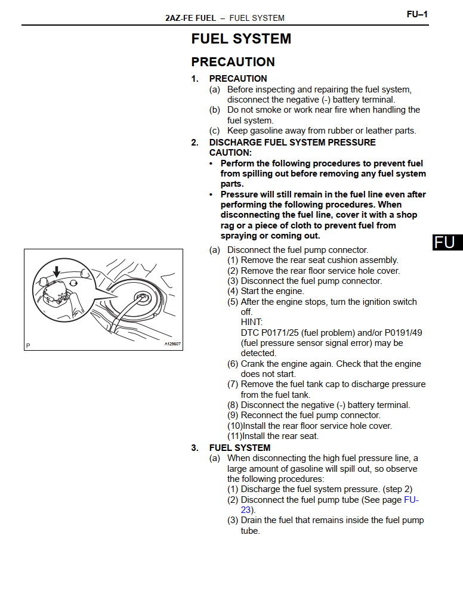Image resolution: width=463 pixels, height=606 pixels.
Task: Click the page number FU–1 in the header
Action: [417, 14]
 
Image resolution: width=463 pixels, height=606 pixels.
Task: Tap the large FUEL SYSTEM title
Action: [241, 39]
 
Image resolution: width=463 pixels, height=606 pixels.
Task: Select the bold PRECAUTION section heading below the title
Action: [233, 62]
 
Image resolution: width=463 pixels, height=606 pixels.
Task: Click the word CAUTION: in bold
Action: [230, 153]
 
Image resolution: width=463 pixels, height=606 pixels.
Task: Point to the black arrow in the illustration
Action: [57, 271]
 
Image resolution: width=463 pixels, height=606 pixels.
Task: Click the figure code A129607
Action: [172, 344]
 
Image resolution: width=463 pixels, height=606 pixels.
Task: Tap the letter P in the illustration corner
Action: [28, 345]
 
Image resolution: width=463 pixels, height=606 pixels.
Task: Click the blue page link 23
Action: [246, 510]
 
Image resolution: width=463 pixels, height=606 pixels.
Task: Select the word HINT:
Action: [251, 323]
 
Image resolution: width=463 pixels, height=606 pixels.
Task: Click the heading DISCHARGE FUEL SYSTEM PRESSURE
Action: [292, 143]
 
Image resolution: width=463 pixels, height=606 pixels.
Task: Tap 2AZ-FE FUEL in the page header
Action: [190, 18]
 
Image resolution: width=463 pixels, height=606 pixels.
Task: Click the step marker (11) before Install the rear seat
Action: [234, 436]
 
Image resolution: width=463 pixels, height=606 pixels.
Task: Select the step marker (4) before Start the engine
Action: [233, 291]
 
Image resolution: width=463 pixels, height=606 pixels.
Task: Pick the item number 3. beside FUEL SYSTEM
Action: [195, 448]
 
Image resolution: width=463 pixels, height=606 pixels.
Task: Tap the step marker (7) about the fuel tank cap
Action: [233, 384]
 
